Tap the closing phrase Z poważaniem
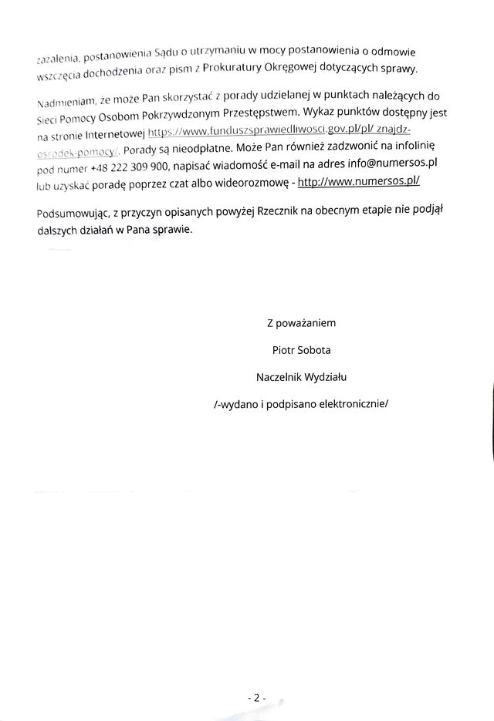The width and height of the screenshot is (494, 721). pos(301,322)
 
